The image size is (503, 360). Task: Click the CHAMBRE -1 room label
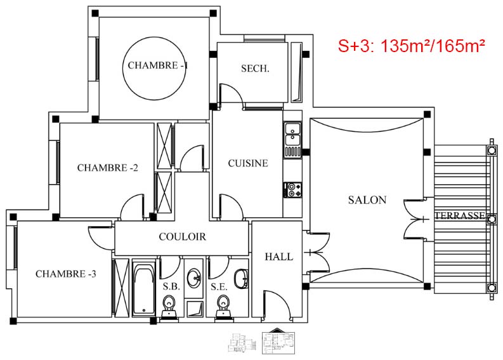click(157, 65)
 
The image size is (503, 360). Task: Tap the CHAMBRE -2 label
click(108, 168)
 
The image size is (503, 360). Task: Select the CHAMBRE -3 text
click(66, 274)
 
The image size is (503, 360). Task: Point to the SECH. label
click(255, 69)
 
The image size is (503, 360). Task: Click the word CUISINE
click(248, 163)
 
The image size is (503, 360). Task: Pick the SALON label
click(367, 200)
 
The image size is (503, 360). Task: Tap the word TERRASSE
click(460, 215)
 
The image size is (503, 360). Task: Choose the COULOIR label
click(182, 237)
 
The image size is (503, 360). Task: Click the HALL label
click(279, 257)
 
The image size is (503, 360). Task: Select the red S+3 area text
click(411, 46)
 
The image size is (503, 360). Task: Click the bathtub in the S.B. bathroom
click(144, 288)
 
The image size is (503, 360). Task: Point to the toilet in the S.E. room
click(223, 307)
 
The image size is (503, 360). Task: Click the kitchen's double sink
click(292, 134)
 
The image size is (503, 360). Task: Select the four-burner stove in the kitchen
click(293, 189)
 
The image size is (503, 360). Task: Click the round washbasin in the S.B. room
click(193, 277)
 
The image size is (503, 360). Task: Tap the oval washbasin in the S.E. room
click(241, 279)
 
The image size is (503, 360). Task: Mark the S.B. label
click(171, 286)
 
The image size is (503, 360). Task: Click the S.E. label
click(219, 286)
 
